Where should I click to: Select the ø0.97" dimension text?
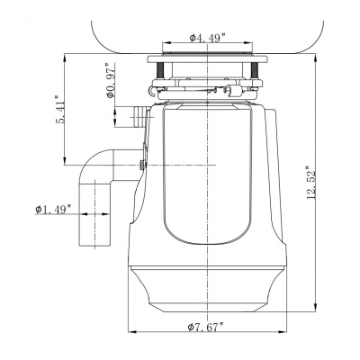[112, 85]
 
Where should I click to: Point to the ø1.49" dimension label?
[55, 210]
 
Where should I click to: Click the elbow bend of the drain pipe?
[91, 167]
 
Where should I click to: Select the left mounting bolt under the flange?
[160, 70]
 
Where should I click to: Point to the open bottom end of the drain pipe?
[92, 245]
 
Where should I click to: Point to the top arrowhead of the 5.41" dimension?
[67, 57]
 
